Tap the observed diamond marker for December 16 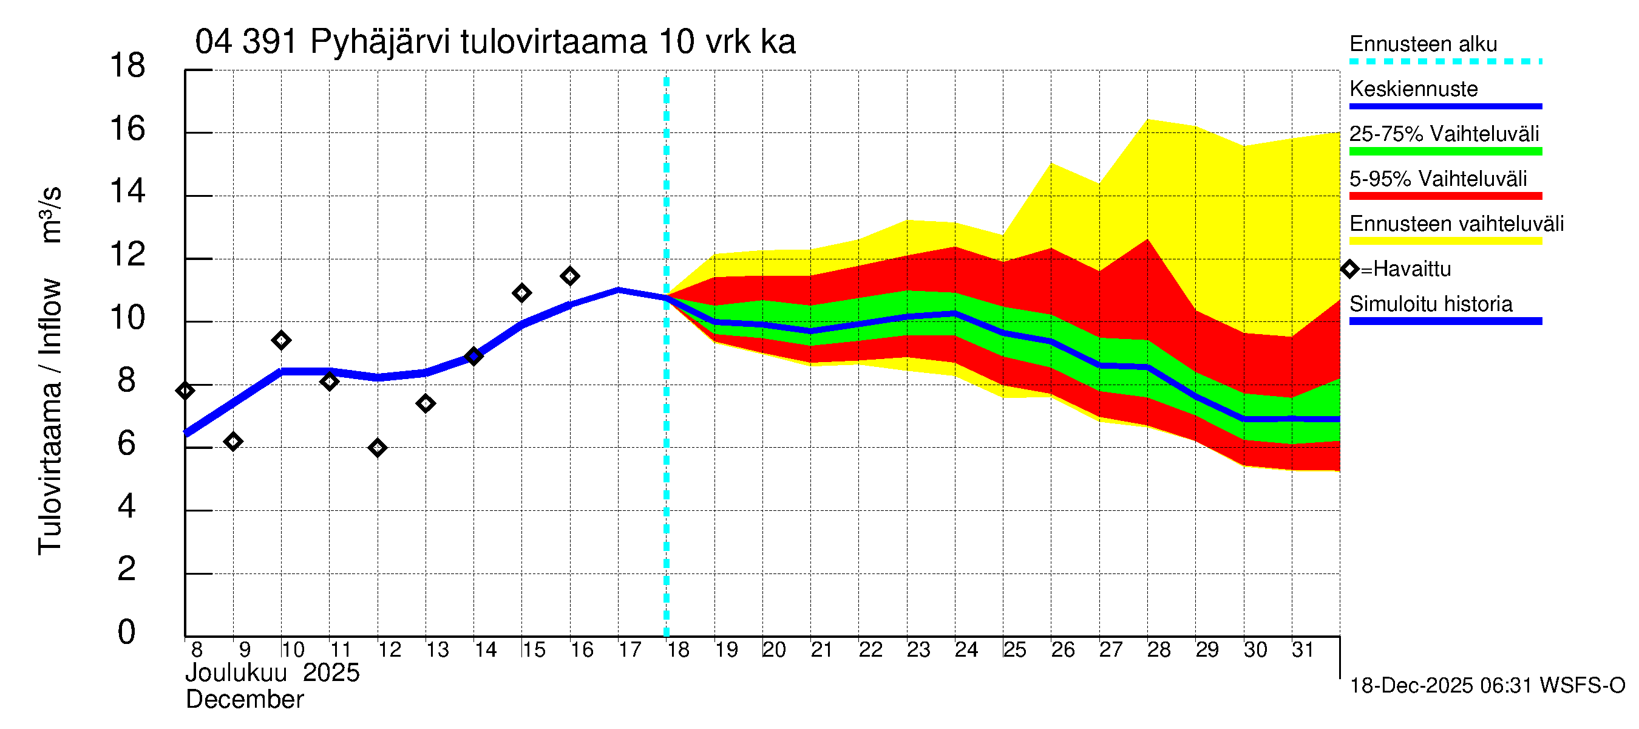[x=569, y=276]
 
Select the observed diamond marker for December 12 [x=378, y=448]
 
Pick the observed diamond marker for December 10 [x=281, y=341]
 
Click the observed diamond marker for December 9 [x=233, y=441]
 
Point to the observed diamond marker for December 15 [x=521, y=293]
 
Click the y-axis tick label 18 [x=127, y=66]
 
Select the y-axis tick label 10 [x=127, y=318]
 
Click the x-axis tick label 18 [x=678, y=650]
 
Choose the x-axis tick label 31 [x=1303, y=650]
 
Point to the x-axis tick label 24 [x=966, y=650]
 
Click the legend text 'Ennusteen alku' [x=1424, y=44]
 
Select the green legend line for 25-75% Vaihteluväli [x=1445, y=151]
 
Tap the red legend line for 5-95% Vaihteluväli [x=1445, y=196]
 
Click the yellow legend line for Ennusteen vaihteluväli [x=1445, y=241]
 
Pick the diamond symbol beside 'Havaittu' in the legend [x=1350, y=269]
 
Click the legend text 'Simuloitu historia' [x=1431, y=304]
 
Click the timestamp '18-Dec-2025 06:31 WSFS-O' [x=1487, y=686]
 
